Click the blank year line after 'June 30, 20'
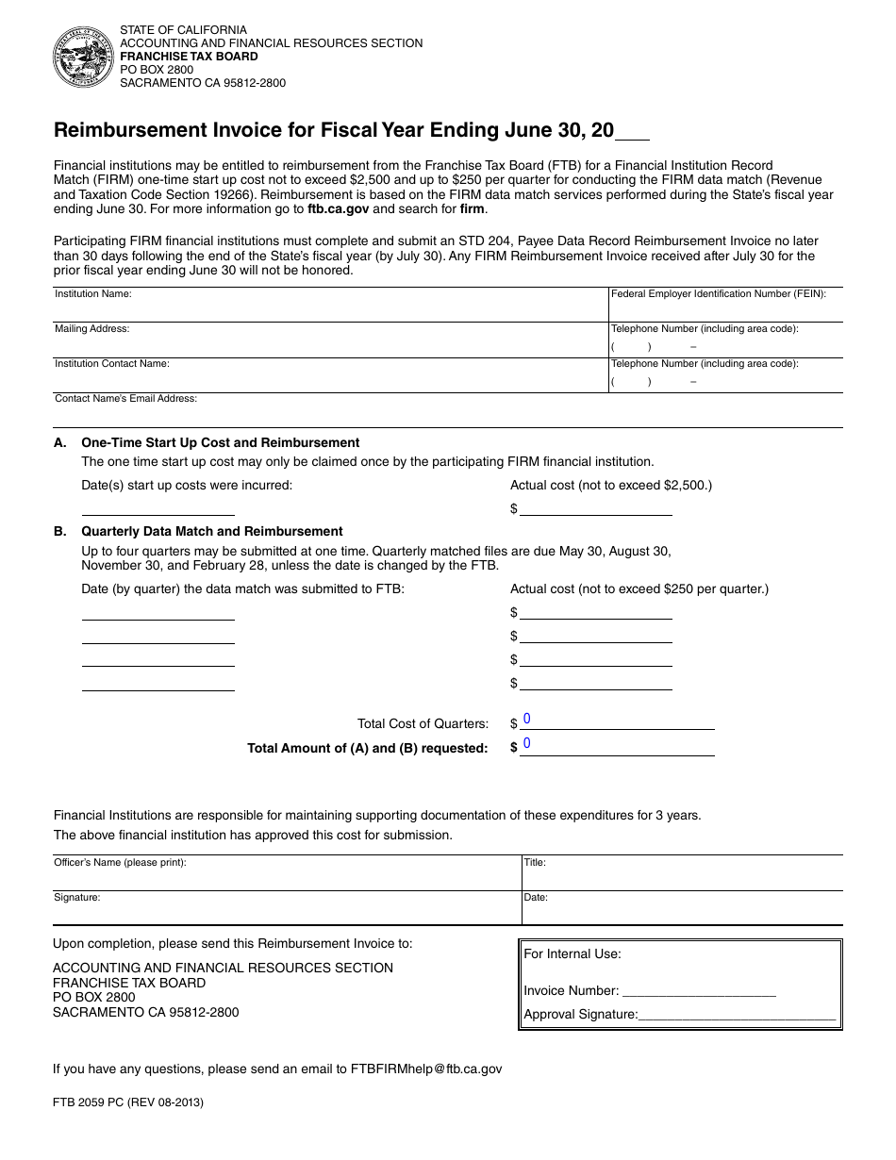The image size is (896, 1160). pyautogui.click(x=633, y=132)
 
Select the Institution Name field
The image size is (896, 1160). pyautogui.click(x=330, y=309)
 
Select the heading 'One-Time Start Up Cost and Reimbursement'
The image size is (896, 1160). pyautogui.click(x=221, y=442)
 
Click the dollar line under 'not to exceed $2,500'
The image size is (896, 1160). pyautogui.click(x=595, y=508)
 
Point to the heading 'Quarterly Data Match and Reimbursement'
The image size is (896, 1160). pyautogui.click(x=212, y=531)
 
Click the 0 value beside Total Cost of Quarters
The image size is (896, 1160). pyautogui.click(x=527, y=720)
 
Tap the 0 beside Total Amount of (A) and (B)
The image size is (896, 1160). pyautogui.click(x=527, y=744)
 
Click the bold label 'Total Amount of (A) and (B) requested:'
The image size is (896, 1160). pyautogui.click(x=367, y=748)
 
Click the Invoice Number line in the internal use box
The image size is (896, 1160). pyautogui.click(x=699, y=990)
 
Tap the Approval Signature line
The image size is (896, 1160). pyautogui.click(x=737, y=1014)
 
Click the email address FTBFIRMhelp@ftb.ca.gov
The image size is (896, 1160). pyautogui.click(x=426, y=1069)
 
